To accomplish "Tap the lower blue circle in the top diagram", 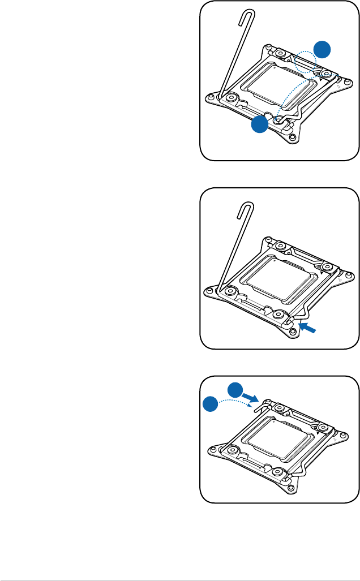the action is pos(259,125).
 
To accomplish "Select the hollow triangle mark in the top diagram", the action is pos(338,89).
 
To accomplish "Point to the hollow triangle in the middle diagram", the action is pos(338,280).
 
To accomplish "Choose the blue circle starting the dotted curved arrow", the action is pos(211,406).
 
